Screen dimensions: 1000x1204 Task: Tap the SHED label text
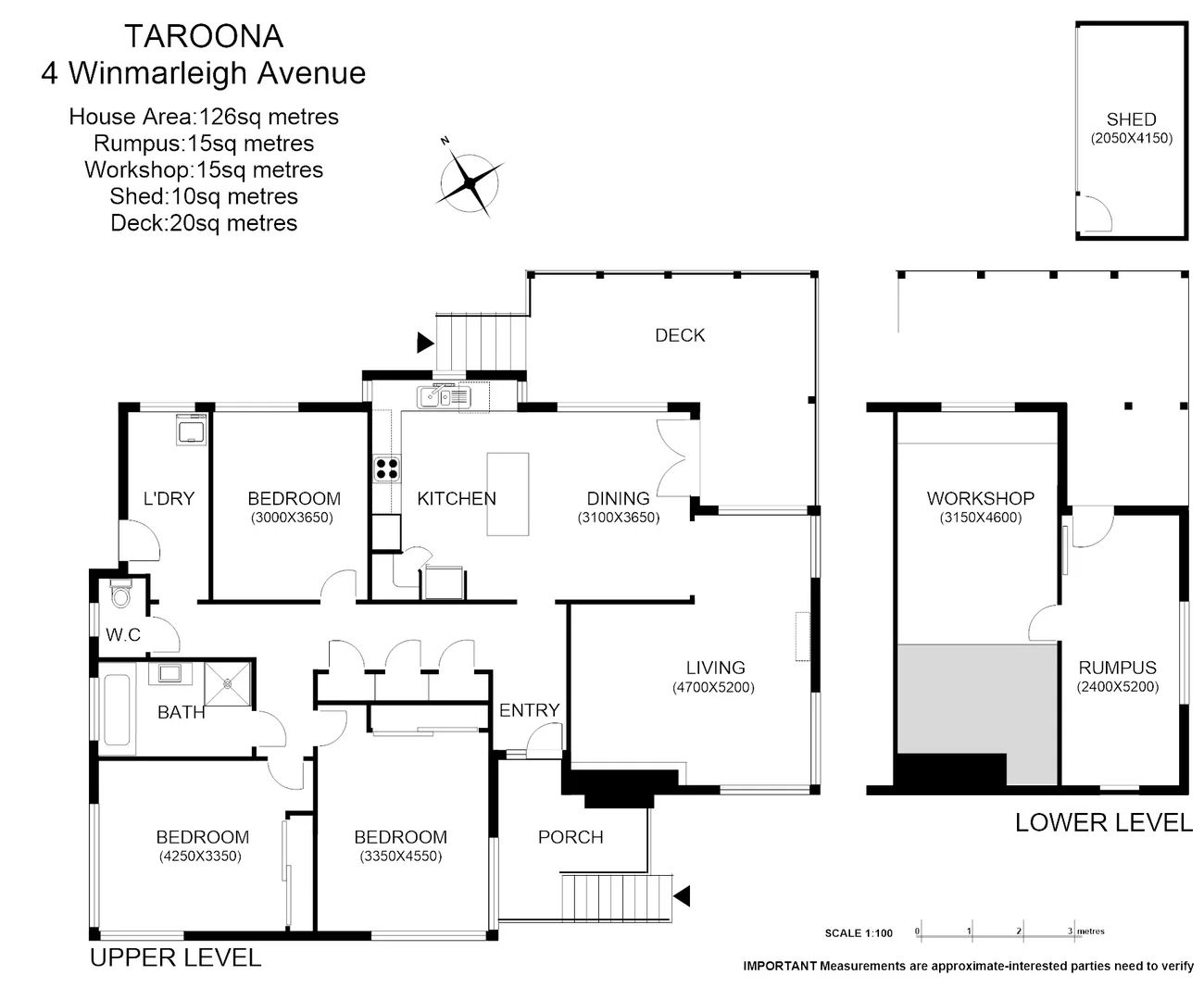point(1131,119)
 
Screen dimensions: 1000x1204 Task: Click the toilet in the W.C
point(120,594)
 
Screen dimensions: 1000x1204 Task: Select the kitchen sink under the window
point(444,396)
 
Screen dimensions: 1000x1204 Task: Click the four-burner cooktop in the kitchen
point(386,469)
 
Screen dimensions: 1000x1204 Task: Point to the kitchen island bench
point(508,494)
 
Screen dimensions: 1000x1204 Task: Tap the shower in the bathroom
point(228,684)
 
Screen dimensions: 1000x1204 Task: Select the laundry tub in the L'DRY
point(192,431)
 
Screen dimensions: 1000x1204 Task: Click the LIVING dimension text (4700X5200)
point(713,688)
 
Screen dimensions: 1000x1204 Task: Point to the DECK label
point(680,335)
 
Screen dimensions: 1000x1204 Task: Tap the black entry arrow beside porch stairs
point(682,896)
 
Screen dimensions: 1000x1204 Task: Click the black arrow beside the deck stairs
point(424,343)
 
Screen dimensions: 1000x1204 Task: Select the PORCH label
point(571,837)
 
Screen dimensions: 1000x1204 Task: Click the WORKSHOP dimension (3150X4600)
point(980,519)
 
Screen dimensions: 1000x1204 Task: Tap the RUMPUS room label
point(1117,668)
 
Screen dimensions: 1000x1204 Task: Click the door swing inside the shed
point(1097,214)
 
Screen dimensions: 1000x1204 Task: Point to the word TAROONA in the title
point(204,36)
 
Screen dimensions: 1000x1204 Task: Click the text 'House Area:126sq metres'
point(204,117)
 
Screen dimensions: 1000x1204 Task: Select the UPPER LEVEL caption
point(175,957)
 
